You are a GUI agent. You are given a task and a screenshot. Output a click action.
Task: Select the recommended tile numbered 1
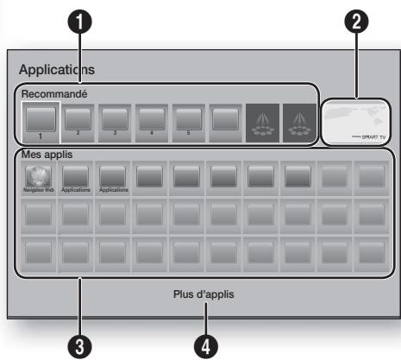point(39,118)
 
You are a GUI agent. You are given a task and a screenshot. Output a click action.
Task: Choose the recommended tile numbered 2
point(77,118)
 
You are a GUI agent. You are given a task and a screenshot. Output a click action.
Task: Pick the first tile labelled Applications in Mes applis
point(75,175)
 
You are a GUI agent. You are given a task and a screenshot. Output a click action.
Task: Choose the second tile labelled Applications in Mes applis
point(113,175)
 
